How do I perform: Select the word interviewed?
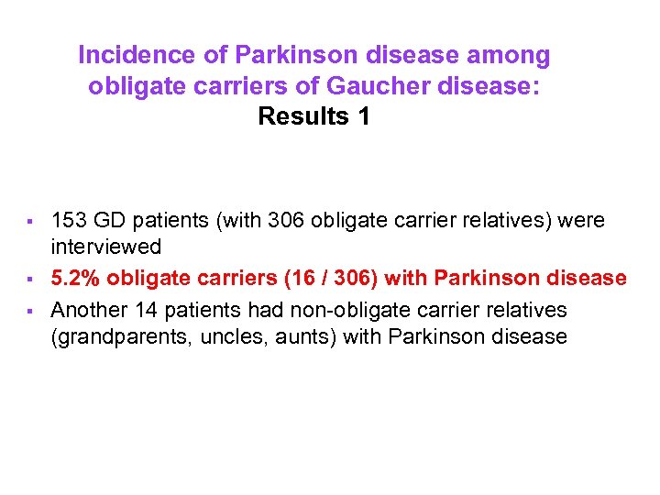coord(106,247)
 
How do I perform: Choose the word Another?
coord(90,309)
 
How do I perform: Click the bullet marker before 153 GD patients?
coord(31,221)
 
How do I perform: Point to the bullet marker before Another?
coord(31,310)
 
